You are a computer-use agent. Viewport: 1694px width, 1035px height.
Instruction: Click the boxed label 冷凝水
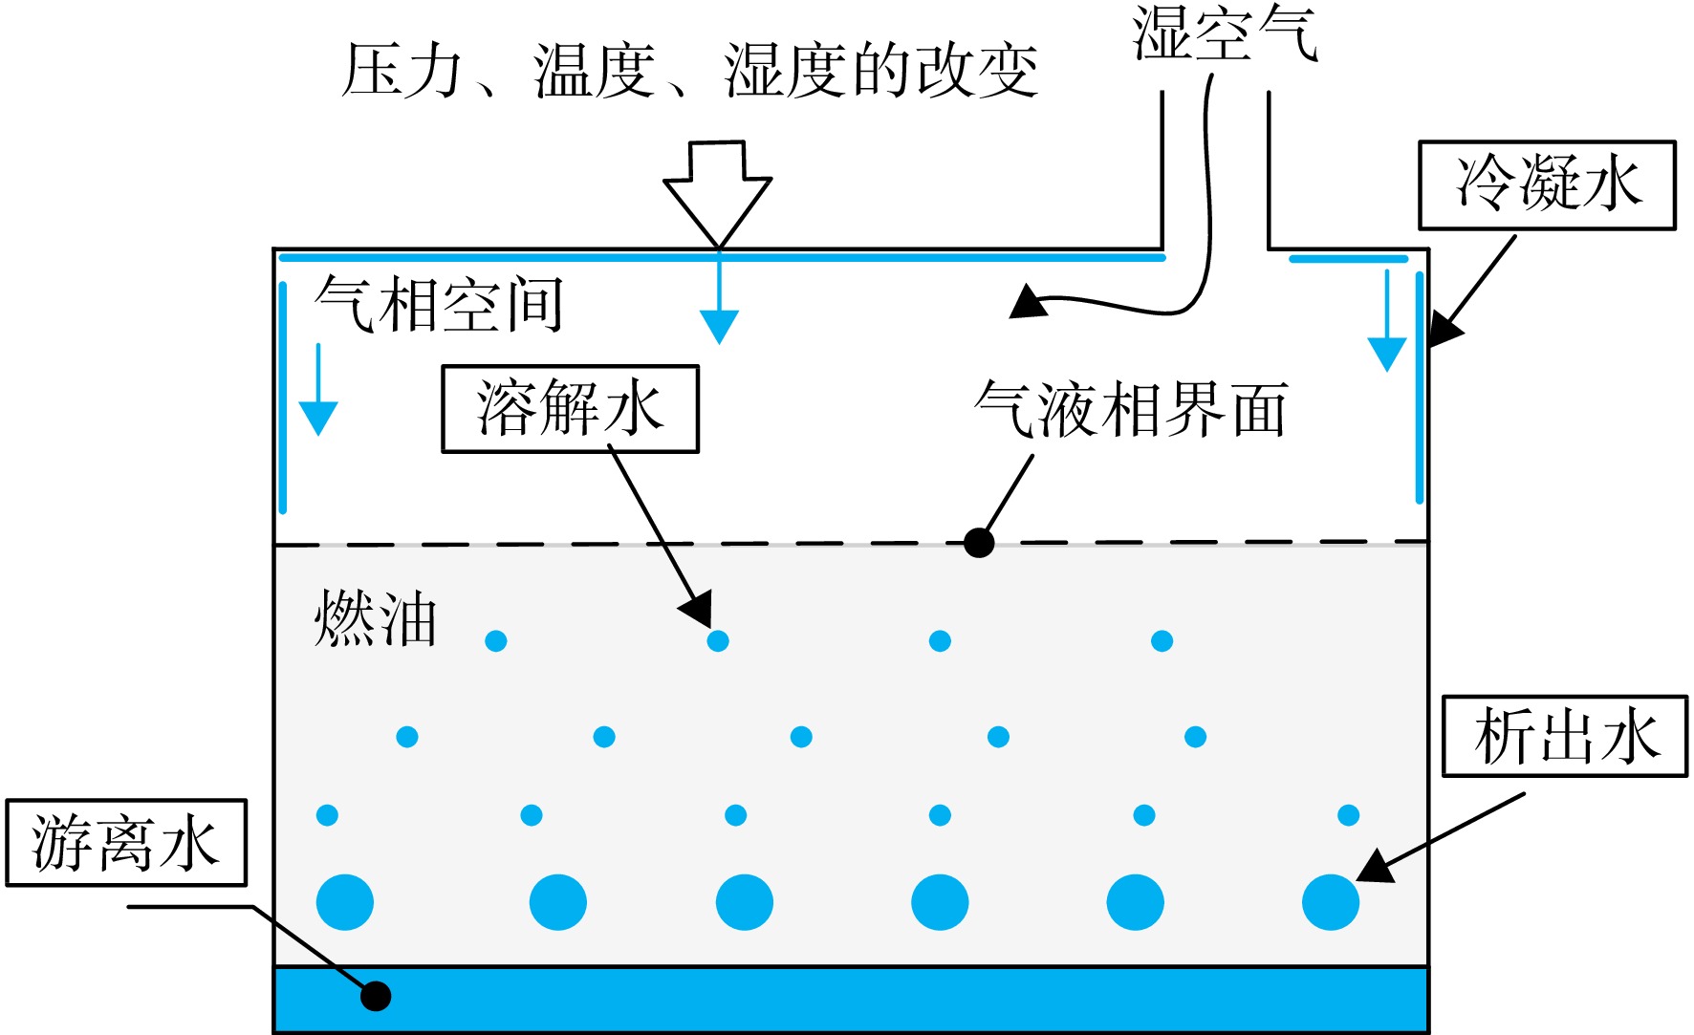[1547, 185]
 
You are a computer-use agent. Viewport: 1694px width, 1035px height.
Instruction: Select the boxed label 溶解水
[570, 408]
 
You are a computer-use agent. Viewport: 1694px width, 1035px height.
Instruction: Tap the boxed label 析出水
[1565, 736]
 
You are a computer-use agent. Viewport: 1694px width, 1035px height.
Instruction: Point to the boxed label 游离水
[126, 843]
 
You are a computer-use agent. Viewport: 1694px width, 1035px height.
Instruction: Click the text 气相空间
[439, 305]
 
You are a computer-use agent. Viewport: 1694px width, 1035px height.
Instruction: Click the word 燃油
[376, 618]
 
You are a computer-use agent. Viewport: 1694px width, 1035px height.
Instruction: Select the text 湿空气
[1226, 33]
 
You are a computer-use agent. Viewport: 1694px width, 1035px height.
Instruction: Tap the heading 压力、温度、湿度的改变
[690, 71]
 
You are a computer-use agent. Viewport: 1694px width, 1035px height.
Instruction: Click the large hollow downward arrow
[718, 194]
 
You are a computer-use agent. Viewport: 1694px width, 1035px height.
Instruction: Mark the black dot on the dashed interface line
[979, 543]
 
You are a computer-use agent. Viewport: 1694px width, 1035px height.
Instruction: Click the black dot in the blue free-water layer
[376, 996]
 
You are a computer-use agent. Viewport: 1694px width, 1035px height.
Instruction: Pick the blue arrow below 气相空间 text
[318, 390]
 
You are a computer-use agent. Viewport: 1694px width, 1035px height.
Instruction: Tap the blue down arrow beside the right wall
[1386, 321]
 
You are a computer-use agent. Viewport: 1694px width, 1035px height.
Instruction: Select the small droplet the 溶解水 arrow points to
[718, 640]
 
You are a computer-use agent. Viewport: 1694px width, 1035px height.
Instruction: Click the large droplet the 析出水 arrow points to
[1331, 902]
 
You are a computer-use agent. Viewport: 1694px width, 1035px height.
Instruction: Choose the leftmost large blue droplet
[345, 902]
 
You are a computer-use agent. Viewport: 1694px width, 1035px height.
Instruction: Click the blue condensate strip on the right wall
[1420, 387]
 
